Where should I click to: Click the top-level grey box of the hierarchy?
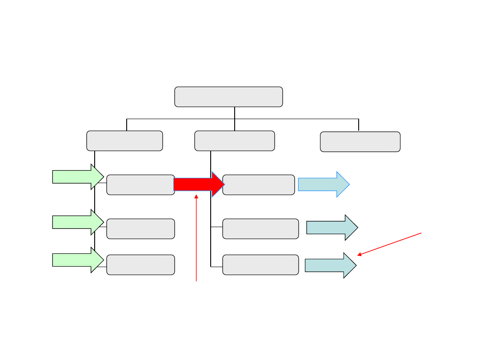coord(228,97)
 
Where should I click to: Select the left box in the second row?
coord(124,141)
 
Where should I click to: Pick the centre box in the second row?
coord(234,141)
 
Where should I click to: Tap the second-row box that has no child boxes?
coord(360,142)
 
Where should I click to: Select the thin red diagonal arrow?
coord(389,244)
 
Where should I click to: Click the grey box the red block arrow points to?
coord(259,185)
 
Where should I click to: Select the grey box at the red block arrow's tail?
coord(140,185)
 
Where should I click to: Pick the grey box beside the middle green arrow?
coord(140,229)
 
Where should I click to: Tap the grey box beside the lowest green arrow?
coord(140,265)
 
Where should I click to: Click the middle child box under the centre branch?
coord(260,229)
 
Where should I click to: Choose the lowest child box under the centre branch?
coord(260,265)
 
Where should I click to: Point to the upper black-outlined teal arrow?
coord(332,228)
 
